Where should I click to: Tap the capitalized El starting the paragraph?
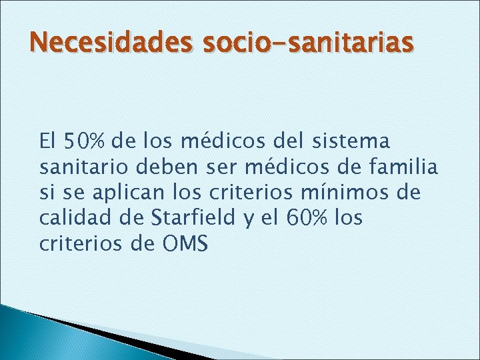point(49,141)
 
